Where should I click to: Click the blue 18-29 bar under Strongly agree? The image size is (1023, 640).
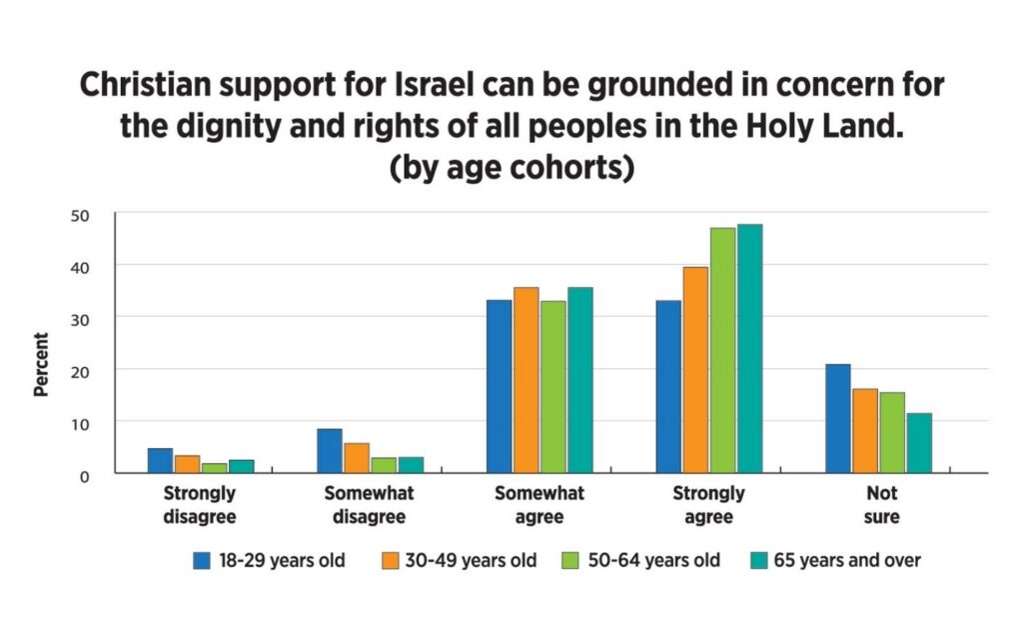click(668, 386)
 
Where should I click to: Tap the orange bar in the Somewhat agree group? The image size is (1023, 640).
click(526, 380)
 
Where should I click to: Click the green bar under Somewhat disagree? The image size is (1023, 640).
click(384, 465)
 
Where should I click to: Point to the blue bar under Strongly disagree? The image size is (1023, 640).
click(160, 460)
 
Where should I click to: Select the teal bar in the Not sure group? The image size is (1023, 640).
click(919, 442)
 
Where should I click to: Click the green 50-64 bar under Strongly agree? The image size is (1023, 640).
click(722, 350)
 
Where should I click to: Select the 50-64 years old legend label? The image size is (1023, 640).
click(659, 561)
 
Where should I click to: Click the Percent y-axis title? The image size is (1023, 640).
click(41, 365)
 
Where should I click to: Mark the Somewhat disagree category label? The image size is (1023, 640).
click(370, 505)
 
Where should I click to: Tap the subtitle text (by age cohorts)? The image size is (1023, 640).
click(511, 167)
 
